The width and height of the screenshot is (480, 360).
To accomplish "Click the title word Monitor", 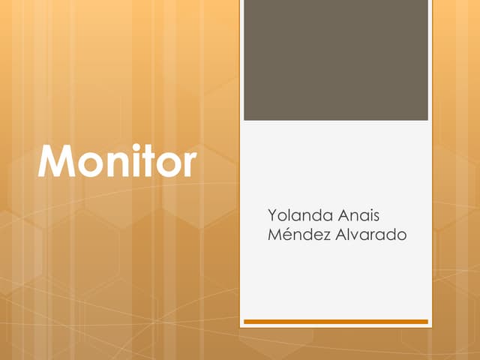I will point(117,161).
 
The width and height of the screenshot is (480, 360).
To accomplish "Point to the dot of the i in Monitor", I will point(133,146).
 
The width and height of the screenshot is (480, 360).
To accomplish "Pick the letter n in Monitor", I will point(114,166).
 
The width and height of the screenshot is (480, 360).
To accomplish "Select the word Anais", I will point(358,216).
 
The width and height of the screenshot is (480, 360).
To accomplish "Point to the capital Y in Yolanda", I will point(273,216).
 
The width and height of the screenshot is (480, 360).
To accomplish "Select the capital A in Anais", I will point(343,216).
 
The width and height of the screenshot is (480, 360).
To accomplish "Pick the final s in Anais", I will point(376,217).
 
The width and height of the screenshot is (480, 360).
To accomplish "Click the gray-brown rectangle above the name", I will point(336,60).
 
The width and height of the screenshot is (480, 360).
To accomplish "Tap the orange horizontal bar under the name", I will point(336,322).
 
